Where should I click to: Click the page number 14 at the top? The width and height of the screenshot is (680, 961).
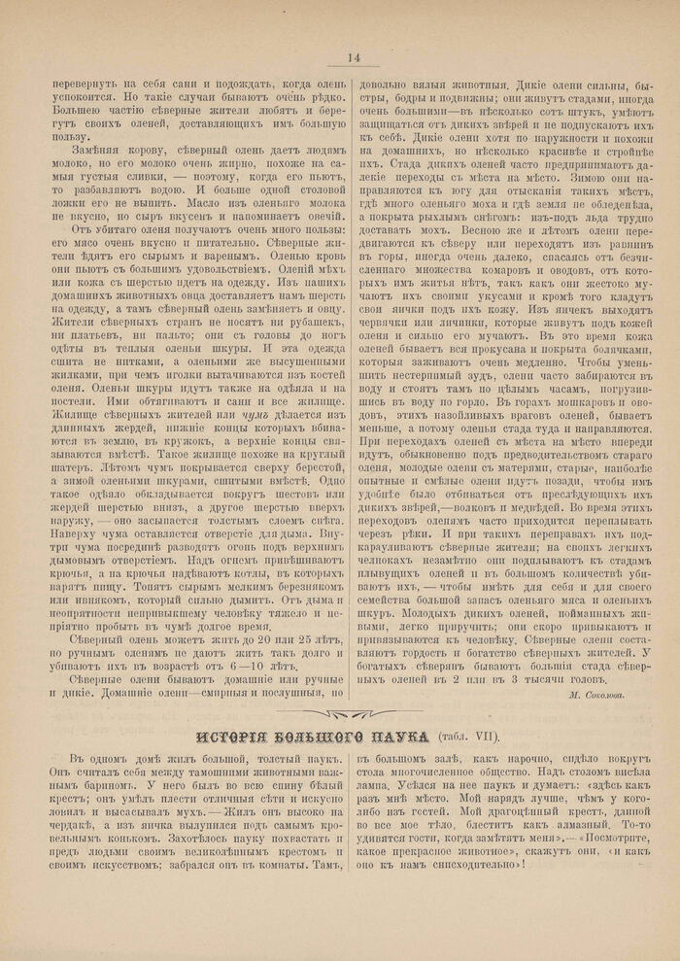coord(353,58)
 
